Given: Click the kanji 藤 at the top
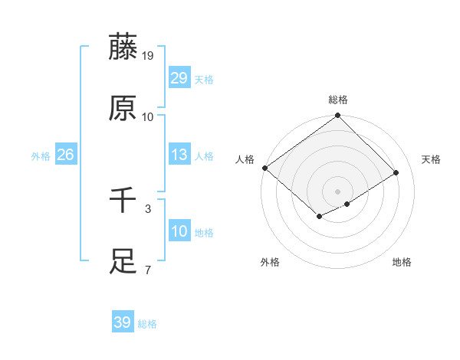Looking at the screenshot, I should pyautogui.click(x=123, y=47).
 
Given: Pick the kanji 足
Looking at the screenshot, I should pyautogui.click(x=123, y=262).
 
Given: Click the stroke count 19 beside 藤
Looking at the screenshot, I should pyautogui.click(x=148, y=55).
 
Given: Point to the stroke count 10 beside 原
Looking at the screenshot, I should pyautogui.click(x=148, y=116).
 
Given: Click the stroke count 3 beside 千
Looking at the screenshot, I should pyautogui.click(x=148, y=208).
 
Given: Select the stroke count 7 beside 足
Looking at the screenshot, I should pyautogui.click(x=148, y=270).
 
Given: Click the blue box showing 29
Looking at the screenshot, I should pyautogui.click(x=179, y=78).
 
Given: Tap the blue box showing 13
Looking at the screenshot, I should pyautogui.click(x=179, y=155).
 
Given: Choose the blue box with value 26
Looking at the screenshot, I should pyautogui.click(x=65, y=155).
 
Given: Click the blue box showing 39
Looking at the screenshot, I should pyautogui.click(x=123, y=322).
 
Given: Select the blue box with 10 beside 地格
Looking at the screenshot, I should pyautogui.click(x=179, y=231).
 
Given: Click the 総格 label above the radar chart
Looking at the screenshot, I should pyautogui.click(x=338, y=100).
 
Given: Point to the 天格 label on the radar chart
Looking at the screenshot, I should pyautogui.click(x=431, y=159).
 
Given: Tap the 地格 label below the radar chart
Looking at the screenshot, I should pyautogui.click(x=402, y=262).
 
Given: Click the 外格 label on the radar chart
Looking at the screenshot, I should pyautogui.click(x=270, y=262).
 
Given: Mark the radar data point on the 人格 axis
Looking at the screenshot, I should pyautogui.click(x=264, y=168).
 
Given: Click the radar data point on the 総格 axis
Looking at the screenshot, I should pyautogui.click(x=338, y=116).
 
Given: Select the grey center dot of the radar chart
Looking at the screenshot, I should pyautogui.click(x=338, y=191).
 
